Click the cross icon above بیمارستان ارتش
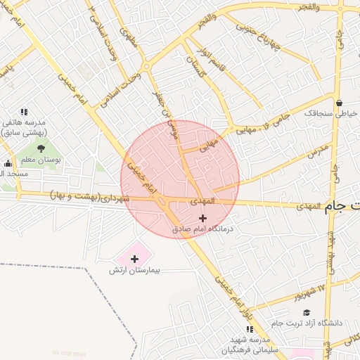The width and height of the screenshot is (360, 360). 134,259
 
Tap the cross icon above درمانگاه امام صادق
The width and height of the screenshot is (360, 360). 203,218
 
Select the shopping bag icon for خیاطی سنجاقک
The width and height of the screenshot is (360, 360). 339,103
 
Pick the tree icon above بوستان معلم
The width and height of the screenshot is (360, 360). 40,148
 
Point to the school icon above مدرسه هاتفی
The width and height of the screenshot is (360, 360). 24,112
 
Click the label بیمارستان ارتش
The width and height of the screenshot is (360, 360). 136,271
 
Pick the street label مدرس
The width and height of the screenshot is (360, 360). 318,150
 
